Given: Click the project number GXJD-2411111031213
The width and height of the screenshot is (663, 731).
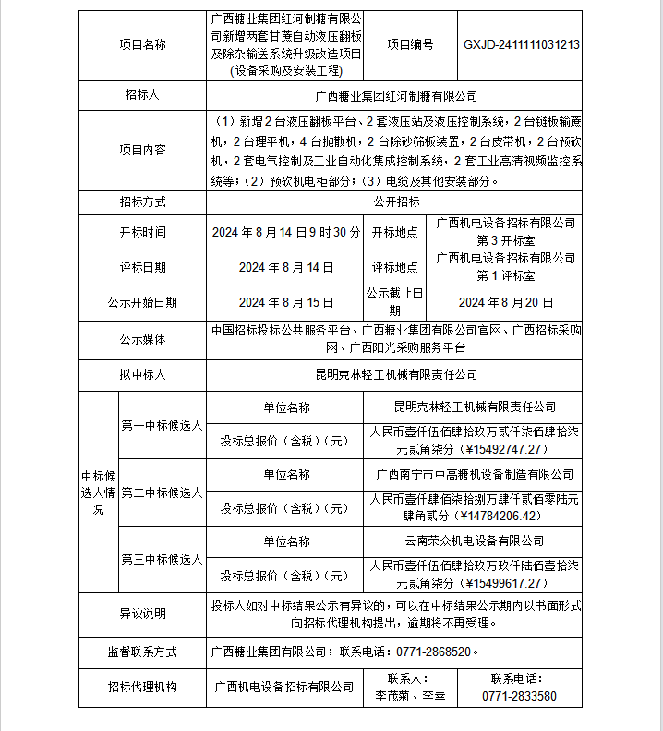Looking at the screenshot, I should pyautogui.click(x=522, y=43).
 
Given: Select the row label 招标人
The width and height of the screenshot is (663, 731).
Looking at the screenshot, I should pyautogui.click(x=142, y=95).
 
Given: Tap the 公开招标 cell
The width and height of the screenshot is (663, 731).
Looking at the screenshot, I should pyautogui.click(x=396, y=201).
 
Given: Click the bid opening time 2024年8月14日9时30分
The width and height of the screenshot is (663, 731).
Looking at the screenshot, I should pyautogui.click(x=285, y=232).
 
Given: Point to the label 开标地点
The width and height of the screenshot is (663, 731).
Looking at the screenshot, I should pyautogui.click(x=395, y=232).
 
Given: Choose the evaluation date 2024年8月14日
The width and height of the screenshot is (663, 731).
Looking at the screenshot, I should pyautogui.click(x=285, y=267).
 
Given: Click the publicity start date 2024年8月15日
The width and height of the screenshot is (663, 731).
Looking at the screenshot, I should pyautogui.click(x=285, y=302).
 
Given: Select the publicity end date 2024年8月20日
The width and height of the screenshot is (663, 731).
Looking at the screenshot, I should pyautogui.click(x=505, y=302).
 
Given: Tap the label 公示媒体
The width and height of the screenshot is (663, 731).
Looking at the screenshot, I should pyautogui.click(x=142, y=339).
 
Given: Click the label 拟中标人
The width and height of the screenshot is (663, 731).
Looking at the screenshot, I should pyautogui.click(x=142, y=374).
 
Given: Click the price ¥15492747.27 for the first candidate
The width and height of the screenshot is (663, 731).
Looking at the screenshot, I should pyautogui.click(x=474, y=449).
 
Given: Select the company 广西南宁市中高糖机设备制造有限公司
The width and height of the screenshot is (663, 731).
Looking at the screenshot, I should pyautogui.click(x=475, y=474).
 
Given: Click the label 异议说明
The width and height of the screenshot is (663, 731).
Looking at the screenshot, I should pyautogui.click(x=142, y=613).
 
